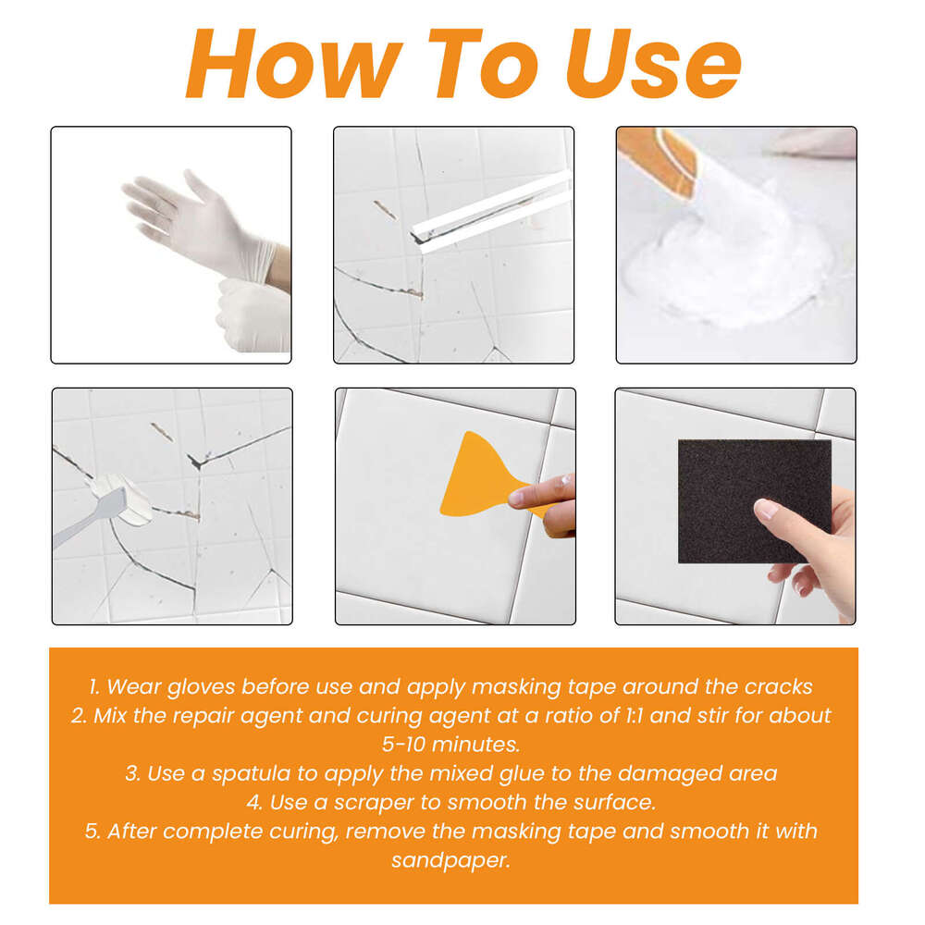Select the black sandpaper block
(754, 499)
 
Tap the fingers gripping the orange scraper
(555, 499)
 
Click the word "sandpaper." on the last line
(453, 859)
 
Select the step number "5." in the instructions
(92, 831)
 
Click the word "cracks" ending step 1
(779, 686)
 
